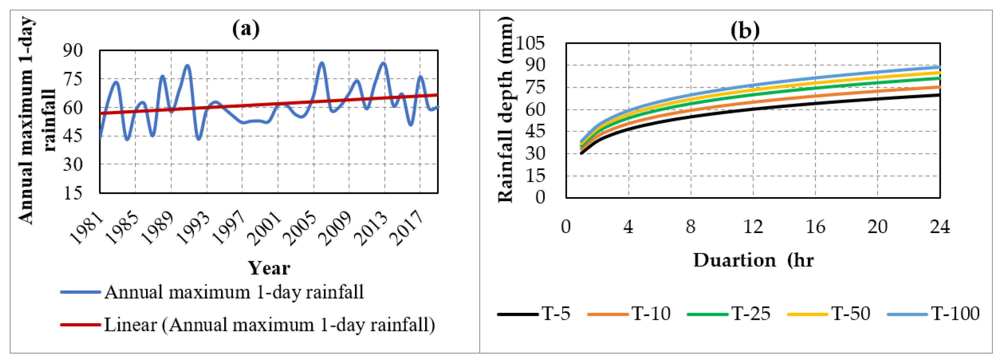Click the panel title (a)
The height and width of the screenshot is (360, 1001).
(246, 29)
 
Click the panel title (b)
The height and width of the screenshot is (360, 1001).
(745, 30)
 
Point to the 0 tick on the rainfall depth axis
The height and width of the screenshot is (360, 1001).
(540, 197)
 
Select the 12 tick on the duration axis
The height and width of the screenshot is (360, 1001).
(753, 227)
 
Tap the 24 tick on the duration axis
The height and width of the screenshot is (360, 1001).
(939, 227)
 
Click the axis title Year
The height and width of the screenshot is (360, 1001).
(269, 268)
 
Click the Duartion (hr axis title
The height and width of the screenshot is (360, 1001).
(753, 260)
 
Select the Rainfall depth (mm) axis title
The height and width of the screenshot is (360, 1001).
(505, 110)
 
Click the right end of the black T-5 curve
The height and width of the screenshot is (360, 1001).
(939, 95)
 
